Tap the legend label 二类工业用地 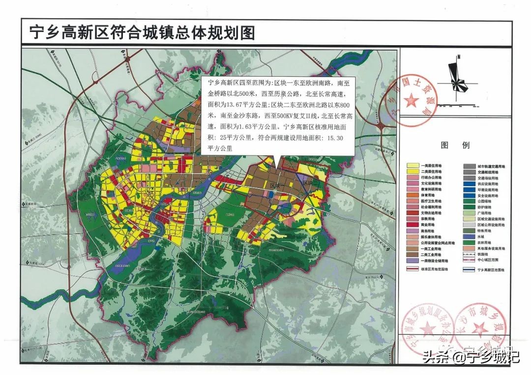coord(431,255)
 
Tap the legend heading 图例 coord(448,145)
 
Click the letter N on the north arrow coord(458,57)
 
